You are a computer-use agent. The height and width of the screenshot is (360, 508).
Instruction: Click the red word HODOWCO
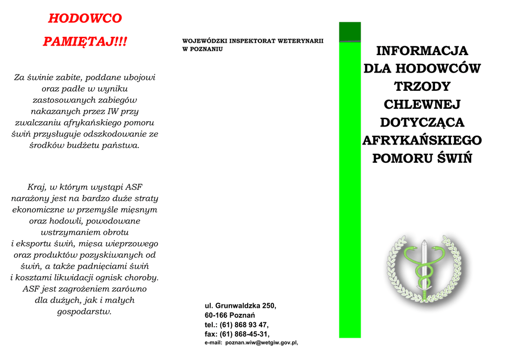coord(85,18)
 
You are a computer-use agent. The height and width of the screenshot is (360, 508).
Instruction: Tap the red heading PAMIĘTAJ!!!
coord(85,41)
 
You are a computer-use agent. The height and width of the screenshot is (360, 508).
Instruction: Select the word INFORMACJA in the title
coord(422,51)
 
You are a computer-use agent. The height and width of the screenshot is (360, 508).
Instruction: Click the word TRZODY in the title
coord(422,86)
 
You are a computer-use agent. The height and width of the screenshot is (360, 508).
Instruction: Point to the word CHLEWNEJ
coord(422,104)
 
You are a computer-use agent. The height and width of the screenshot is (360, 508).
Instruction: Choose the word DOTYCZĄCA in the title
coord(422,122)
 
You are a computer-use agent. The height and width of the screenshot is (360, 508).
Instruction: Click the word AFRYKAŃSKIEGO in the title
coord(422,140)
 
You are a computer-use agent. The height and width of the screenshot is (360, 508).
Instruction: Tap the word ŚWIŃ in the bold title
coord(454,158)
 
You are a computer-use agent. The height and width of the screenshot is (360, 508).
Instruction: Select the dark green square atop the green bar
coord(350,32)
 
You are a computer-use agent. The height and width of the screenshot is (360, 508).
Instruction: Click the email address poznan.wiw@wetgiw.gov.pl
coord(261,343)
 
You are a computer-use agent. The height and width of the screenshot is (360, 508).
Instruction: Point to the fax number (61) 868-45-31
coord(245,334)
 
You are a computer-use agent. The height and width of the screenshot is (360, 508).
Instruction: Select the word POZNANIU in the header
coord(206,49)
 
